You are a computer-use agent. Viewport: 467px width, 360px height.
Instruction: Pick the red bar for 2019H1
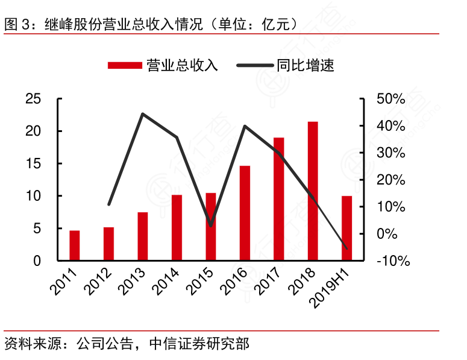coord(347,229)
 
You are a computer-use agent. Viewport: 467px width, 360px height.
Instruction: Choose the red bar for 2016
coord(245,213)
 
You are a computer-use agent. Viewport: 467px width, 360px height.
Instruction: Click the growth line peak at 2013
coord(142,114)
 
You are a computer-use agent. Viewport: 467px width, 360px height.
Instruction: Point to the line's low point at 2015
coord(210,226)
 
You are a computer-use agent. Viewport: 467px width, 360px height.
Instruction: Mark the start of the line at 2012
coord(108,205)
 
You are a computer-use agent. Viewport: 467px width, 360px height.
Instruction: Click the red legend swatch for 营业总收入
coord(125,65)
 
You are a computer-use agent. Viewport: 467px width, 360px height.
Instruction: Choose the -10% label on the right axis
coord(392,261)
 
